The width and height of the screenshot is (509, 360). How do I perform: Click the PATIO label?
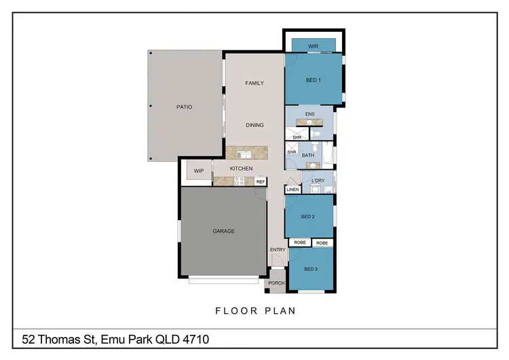tap(184, 107)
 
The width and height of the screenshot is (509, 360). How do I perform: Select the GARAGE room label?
tap(223, 231)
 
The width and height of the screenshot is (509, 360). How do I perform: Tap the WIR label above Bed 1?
tap(313, 46)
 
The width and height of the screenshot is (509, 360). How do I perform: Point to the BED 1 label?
tap(313, 80)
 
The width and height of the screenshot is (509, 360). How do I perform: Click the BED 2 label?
tap(308, 217)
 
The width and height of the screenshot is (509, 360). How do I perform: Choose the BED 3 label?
tap(311, 269)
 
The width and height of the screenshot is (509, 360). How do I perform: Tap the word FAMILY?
tap(254, 83)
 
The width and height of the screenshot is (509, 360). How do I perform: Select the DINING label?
tap(254, 125)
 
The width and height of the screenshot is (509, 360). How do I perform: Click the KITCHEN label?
tap(241, 168)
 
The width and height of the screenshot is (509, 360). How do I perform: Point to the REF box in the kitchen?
tap(260, 182)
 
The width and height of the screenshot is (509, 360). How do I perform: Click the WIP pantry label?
tap(199, 170)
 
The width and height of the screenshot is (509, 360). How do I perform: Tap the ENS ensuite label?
tap(309, 114)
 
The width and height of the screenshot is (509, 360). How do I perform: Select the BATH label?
tap(308, 155)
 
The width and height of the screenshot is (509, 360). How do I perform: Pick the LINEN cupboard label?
tap(292, 190)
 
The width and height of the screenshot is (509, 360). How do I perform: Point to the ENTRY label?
tap(278, 249)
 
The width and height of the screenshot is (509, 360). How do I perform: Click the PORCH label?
tap(276, 283)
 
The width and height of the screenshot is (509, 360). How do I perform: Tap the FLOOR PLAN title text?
tap(254, 311)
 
